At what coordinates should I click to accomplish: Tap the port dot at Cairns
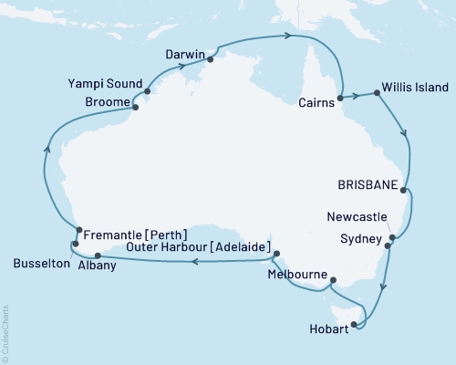tap(340, 97)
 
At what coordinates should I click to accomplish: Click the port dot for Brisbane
tap(404, 185)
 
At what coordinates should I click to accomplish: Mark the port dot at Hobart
tap(357, 324)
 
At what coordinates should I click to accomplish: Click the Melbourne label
tap(298, 274)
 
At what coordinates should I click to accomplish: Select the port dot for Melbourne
tap(333, 280)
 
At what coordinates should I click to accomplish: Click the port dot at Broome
tap(135, 108)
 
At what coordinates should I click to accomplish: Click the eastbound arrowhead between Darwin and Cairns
tap(287, 36)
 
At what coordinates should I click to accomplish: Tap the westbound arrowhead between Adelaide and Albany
tap(194, 261)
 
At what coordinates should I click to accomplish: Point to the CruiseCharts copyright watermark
tap(5, 332)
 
